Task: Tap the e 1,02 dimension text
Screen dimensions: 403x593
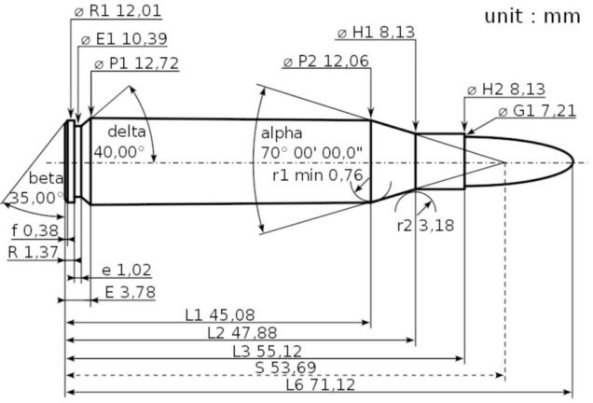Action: [x=126, y=270]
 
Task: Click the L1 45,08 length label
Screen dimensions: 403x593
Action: [x=220, y=314]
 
